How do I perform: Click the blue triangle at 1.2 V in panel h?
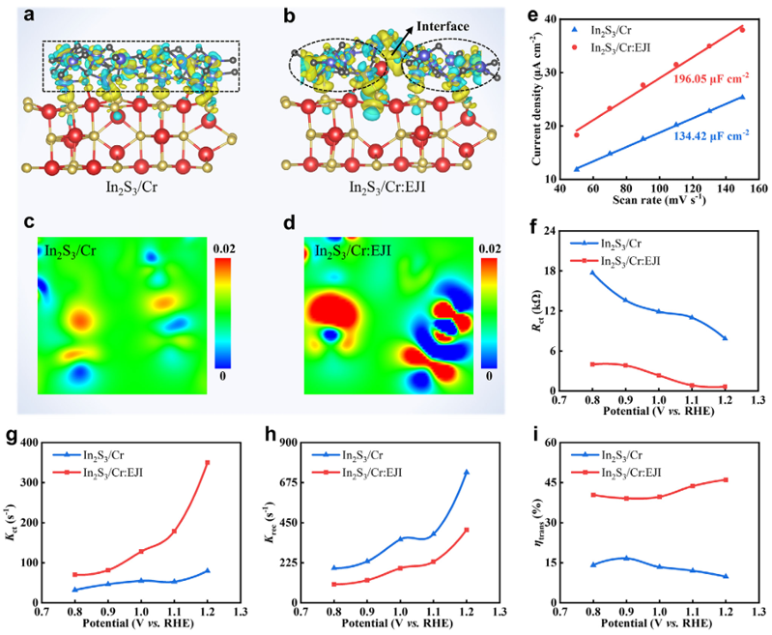point(466,472)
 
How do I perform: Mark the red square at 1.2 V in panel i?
point(726,480)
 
